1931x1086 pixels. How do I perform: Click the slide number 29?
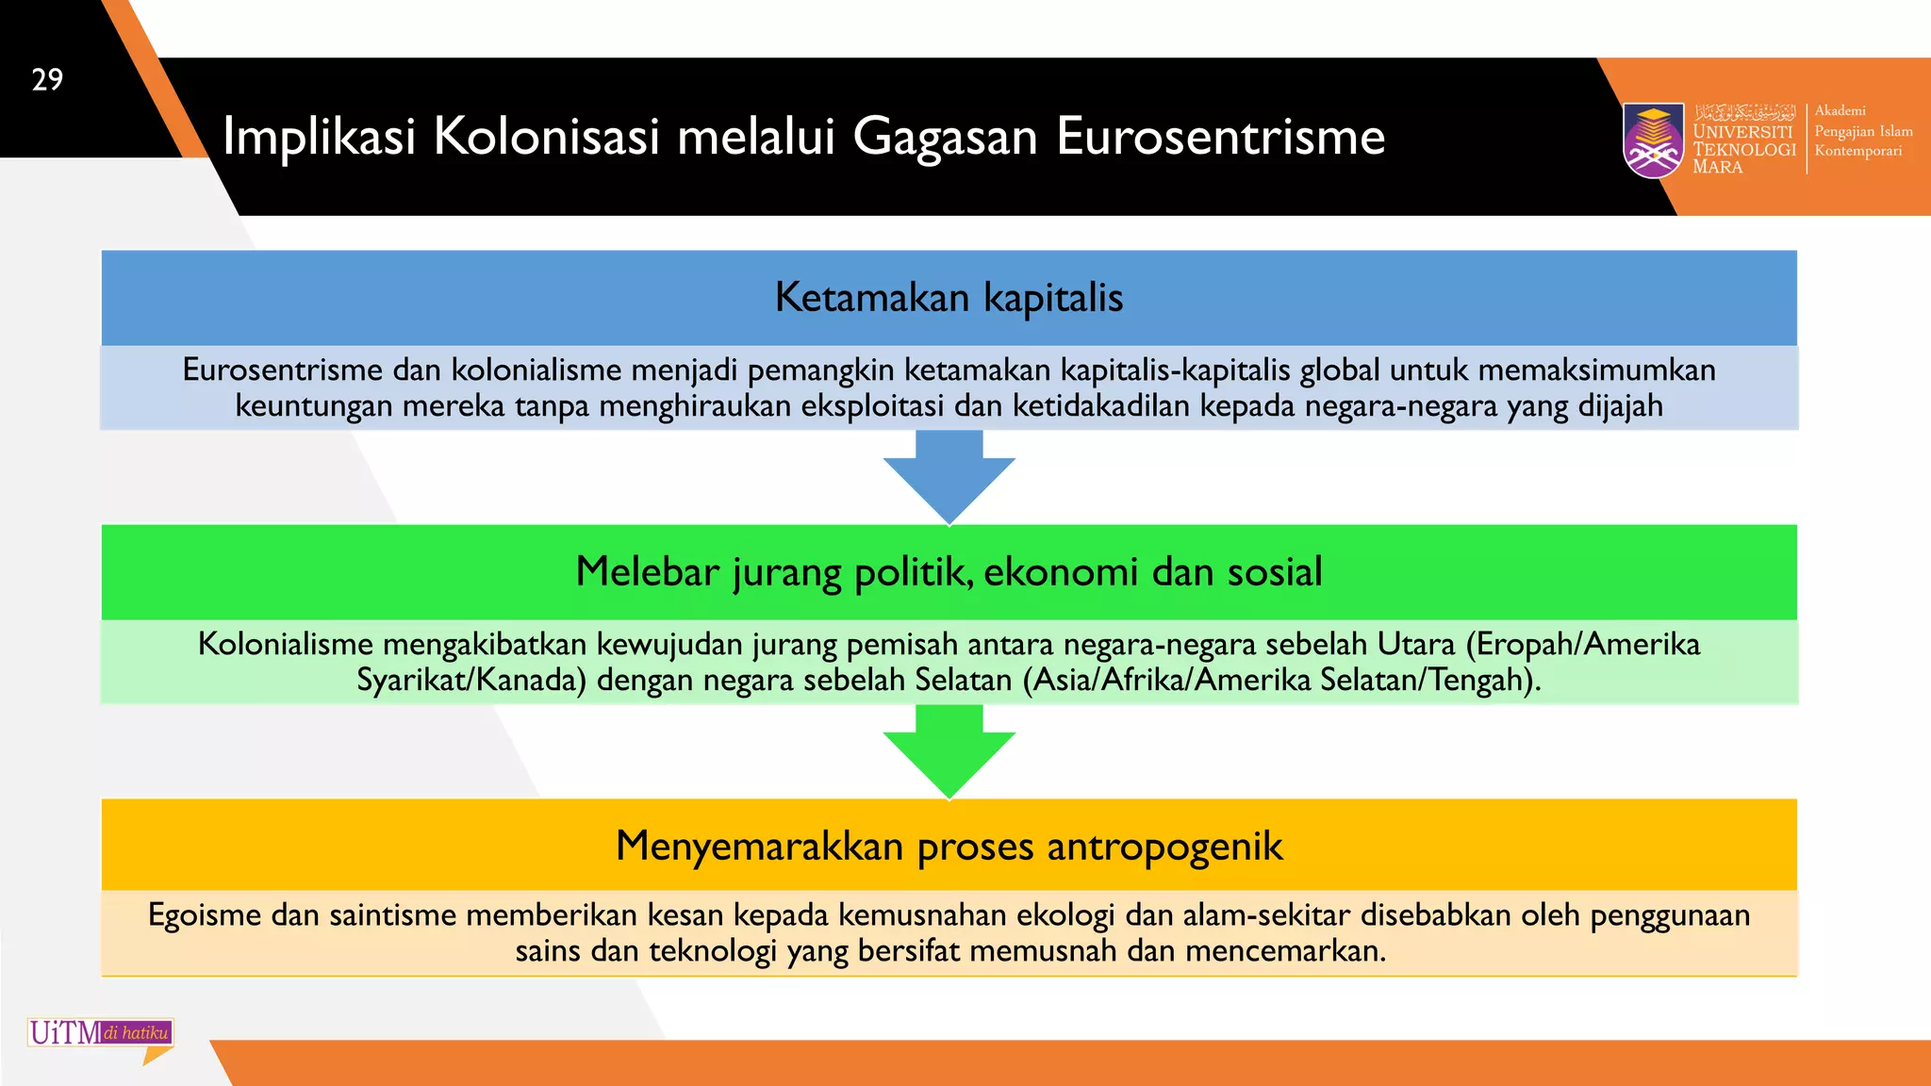[47, 80]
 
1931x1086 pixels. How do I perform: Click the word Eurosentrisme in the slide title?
[1220, 137]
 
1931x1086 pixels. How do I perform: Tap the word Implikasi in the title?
[319, 137]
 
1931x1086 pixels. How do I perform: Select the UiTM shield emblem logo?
[1653, 140]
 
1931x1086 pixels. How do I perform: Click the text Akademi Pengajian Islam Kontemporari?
[1862, 131]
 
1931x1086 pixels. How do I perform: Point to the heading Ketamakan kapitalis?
[949, 298]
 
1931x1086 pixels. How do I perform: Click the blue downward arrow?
[949, 476]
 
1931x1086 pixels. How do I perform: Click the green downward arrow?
[949, 750]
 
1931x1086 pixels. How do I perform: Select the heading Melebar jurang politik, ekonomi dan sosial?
[949, 572]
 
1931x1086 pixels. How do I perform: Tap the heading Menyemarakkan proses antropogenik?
[949, 846]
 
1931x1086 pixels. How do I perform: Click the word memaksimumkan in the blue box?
[1596, 370]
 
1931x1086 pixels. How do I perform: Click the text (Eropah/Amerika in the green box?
[1582, 644]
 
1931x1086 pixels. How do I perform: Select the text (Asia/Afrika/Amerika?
[1167, 680]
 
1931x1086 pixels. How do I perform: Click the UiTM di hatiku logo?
[100, 1034]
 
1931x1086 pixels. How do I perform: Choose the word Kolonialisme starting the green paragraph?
[286, 644]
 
